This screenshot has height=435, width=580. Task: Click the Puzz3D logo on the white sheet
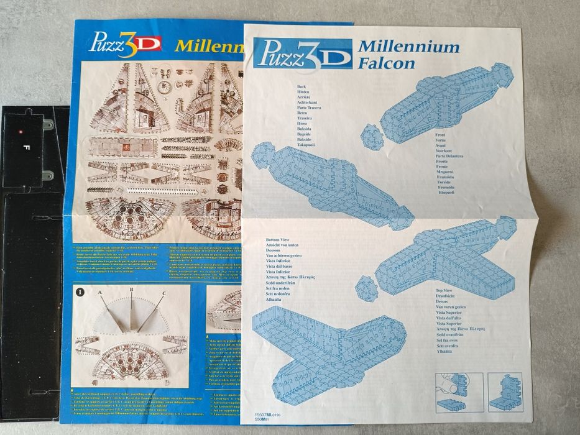(x=303, y=54)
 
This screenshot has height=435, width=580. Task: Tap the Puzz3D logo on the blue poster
(x=125, y=43)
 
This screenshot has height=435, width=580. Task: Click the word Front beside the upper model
(x=440, y=134)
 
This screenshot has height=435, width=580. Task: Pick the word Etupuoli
(x=446, y=192)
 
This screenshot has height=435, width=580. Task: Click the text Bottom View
(x=279, y=239)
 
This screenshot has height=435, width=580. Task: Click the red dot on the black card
(x=21, y=132)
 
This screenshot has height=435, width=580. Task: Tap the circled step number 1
(x=80, y=290)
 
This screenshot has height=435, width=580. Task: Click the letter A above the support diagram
(x=99, y=291)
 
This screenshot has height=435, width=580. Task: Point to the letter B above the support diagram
(x=131, y=289)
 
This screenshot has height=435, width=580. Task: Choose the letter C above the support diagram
(x=163, y=293)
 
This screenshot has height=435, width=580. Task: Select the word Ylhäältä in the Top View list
(x=448, y=352)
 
